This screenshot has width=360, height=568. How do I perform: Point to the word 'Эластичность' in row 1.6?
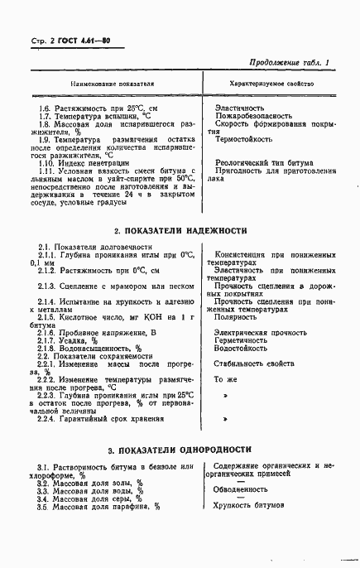coord(239,108)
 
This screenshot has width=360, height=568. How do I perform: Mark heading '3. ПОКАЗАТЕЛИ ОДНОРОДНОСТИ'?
coord(180,450)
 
